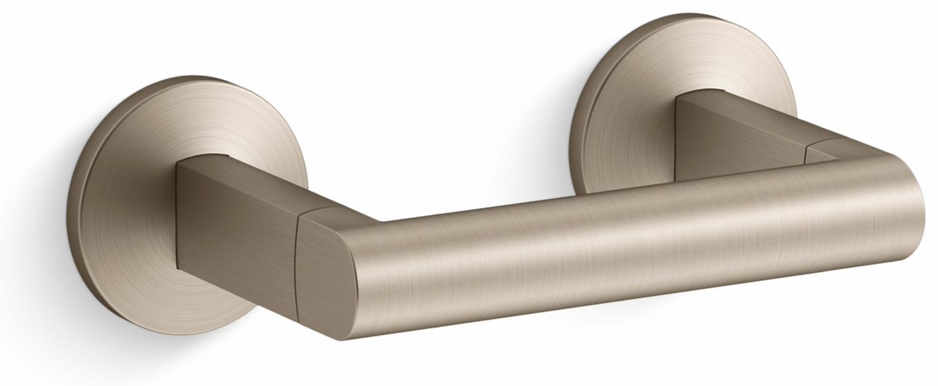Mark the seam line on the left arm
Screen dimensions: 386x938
coord(297,259)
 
